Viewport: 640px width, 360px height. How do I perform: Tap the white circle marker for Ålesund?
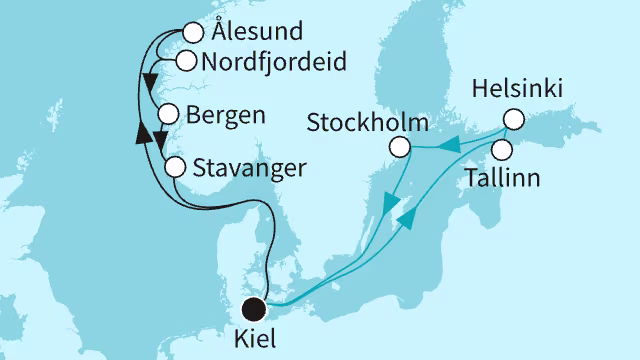coord(193,33)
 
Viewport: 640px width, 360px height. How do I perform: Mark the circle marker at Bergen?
coord(167,113)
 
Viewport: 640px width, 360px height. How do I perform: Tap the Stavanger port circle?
coord(174,166)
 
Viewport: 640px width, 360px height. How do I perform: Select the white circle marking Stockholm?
coord(401,148)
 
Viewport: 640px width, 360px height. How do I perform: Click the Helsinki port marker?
coord(513,118)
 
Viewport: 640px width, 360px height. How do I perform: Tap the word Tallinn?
coord(503,180)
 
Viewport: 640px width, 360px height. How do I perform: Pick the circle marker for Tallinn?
coord(503,149)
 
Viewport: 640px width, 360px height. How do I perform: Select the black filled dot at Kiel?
coord(257,308)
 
